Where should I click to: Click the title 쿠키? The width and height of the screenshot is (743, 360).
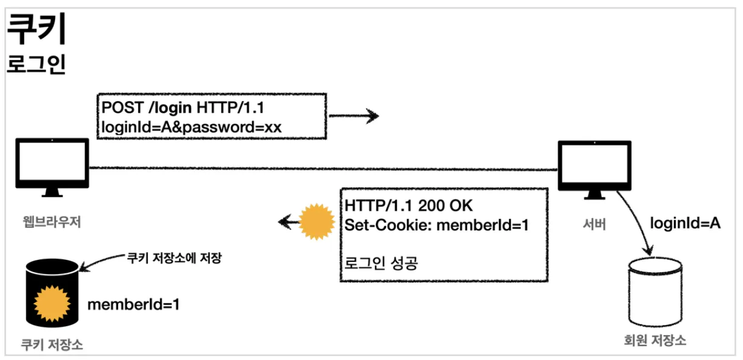click(36, 30)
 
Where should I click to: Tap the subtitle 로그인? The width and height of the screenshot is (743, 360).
click(36, 65)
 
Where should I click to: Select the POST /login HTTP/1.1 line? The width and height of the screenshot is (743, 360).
click(182, 108)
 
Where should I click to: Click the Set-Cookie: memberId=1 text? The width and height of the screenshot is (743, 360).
click(437, 225)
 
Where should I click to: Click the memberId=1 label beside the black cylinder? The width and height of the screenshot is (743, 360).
click(133, 304)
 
